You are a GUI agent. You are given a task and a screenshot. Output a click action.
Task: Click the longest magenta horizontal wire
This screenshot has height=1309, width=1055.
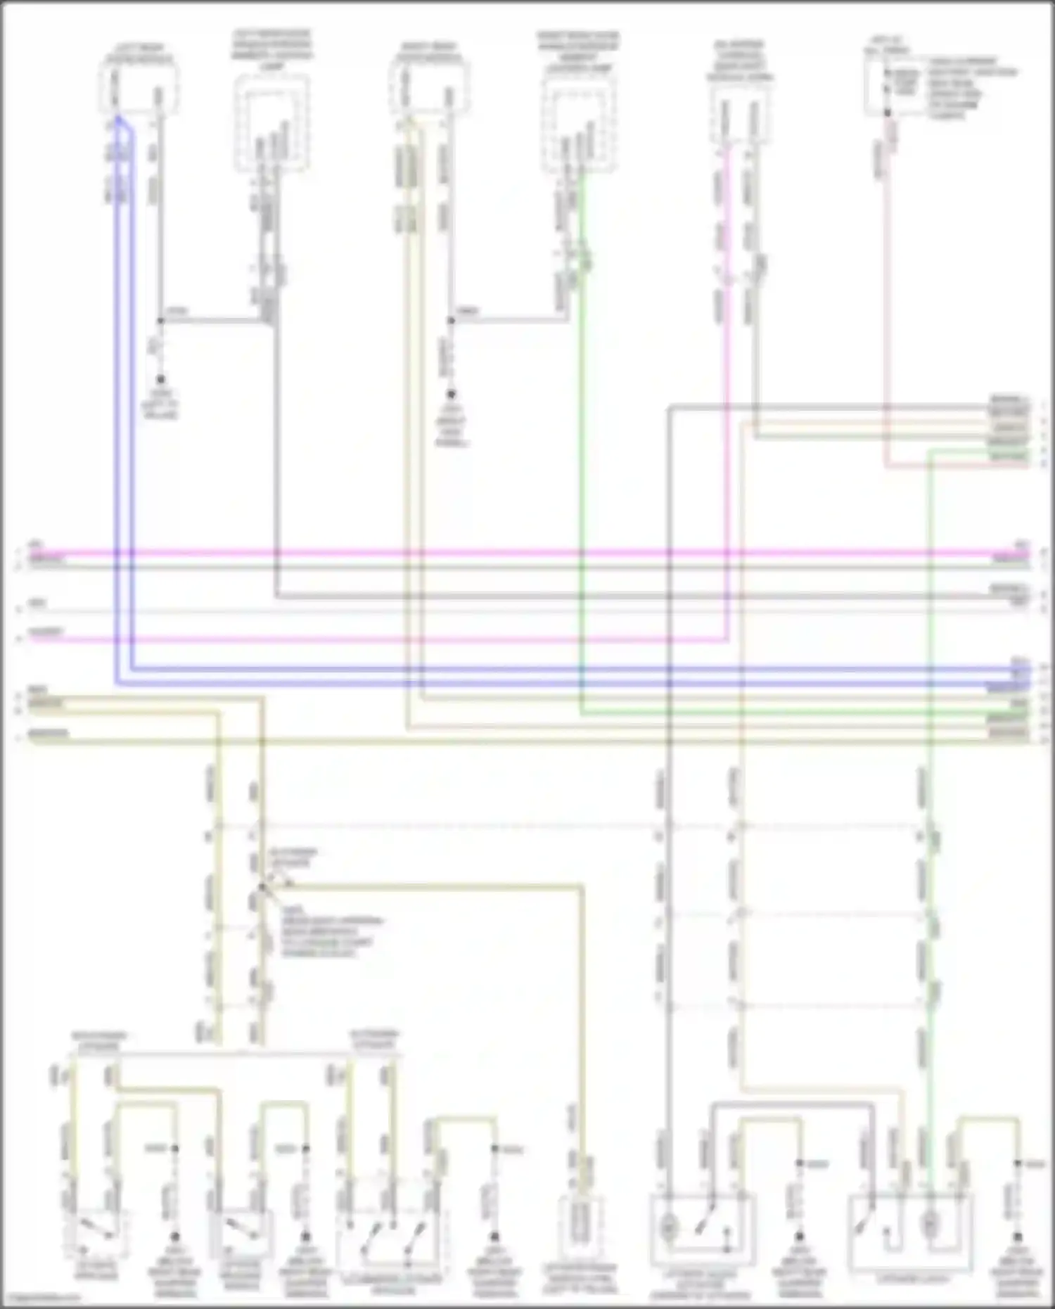[x=527, y=554]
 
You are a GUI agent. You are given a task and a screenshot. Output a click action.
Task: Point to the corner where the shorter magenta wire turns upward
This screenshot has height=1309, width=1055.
[x=727, y=639]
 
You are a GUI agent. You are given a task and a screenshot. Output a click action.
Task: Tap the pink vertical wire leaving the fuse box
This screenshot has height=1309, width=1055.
[x=888, y=281]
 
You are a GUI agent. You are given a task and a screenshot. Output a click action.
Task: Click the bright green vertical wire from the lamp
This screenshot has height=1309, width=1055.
[x=580, y=492]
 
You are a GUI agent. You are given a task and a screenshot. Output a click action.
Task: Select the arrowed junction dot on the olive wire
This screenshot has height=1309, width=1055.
[x=261, y=888]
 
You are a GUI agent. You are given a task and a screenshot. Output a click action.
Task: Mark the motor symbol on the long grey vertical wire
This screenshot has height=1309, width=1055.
[x=669, y=1228]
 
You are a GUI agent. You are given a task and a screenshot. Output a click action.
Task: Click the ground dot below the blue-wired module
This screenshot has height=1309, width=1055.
[x=160, y=380]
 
